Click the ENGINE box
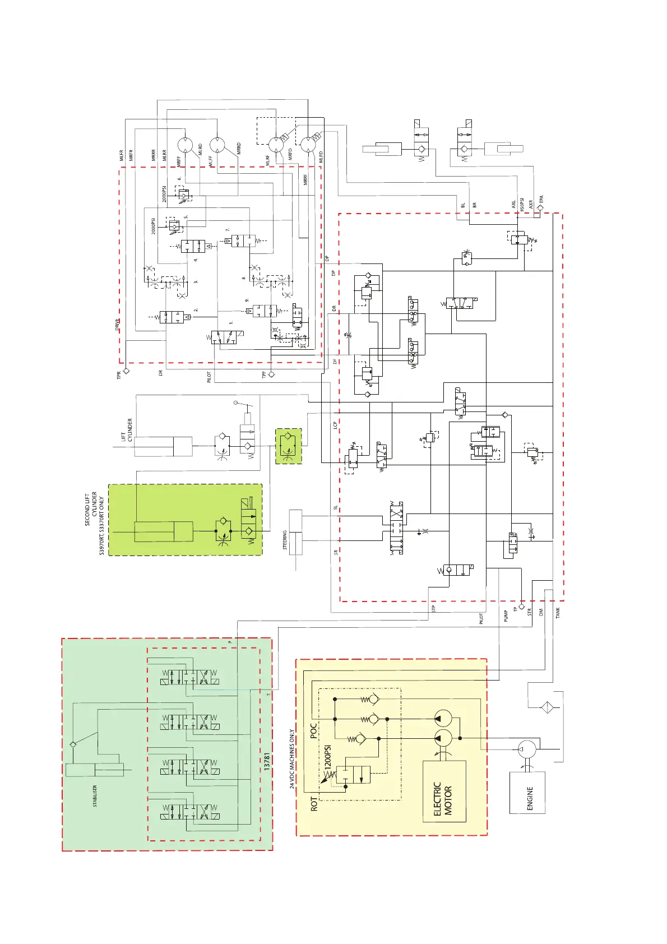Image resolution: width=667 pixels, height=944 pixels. tap(527, 792)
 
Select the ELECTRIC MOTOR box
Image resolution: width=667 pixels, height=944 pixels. tap(444, 791)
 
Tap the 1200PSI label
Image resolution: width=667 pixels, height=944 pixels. tap(328, 756)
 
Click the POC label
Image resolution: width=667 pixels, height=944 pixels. tap(314, 730)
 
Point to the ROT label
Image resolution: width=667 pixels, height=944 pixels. tap(314, 805)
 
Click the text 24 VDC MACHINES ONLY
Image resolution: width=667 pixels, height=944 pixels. tap(292, 759)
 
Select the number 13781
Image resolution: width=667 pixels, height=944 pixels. tap(267, 761)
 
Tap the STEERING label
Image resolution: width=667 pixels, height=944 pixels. tap(285, 540)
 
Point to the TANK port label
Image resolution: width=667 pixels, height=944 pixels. tap(558, 613)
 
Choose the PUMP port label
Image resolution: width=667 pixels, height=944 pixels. tap(506, 616)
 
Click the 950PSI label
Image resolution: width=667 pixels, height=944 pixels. tap(522, 204)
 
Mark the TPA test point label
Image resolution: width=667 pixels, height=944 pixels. tap(541, 199)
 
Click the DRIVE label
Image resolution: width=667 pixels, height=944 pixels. tap(118, 325)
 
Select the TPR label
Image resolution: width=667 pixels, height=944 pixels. tap(119, 375)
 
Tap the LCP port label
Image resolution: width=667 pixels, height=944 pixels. tap(335, 425)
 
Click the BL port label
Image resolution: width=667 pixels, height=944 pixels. tap(463, 205)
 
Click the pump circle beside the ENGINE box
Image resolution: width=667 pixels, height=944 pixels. tap(527, 749)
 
